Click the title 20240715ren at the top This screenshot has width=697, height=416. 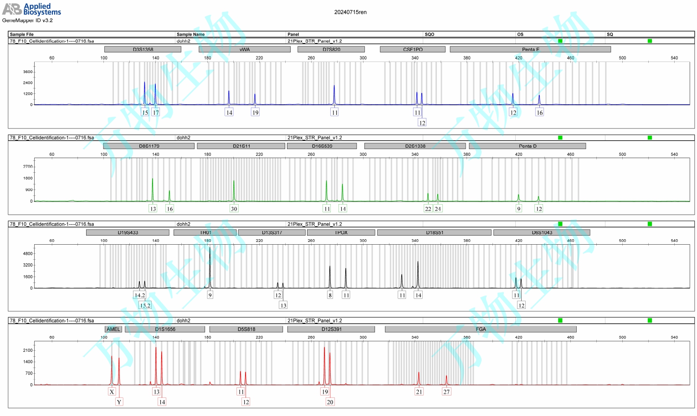(350, 12)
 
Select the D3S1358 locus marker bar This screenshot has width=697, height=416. (143, 49)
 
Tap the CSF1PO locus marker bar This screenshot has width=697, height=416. (412, 49)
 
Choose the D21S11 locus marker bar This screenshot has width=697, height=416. (241, 146)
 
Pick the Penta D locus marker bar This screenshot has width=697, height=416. (527, 146)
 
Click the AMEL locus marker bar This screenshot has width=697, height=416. (113, 329)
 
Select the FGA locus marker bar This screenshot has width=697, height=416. (481, 329)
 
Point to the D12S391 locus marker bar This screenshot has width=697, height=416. (331, 329)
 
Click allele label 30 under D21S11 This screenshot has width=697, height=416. (234, 209)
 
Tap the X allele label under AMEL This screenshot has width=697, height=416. (112, 392)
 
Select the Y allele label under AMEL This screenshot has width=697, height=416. (119, 402)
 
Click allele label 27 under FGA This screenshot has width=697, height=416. (446, 392)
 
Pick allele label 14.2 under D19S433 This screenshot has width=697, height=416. (139, 295)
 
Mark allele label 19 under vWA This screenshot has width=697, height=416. (255, 113)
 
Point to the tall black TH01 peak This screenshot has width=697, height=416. (210, 269)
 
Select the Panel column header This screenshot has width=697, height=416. (293, 34)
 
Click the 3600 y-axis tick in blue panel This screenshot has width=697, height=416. (28, 72)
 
